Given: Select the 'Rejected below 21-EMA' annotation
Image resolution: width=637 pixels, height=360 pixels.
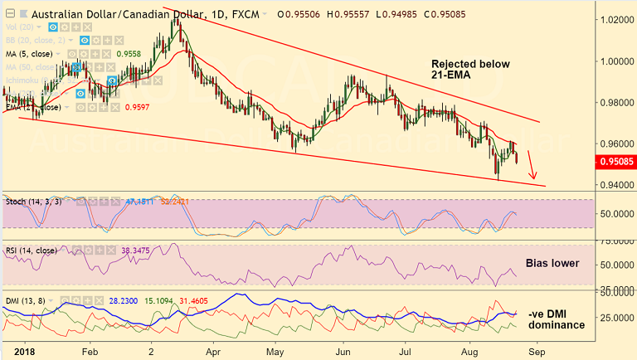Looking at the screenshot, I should (470, 71).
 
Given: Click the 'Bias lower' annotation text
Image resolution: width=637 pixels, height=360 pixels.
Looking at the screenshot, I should (552, 263).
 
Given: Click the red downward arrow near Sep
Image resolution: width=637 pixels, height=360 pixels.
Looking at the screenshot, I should (532, 166).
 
